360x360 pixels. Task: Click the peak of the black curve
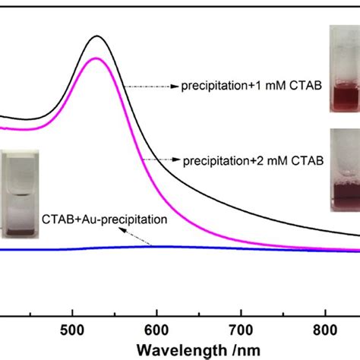96,36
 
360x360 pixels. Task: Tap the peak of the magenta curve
96,58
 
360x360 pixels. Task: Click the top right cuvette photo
344,69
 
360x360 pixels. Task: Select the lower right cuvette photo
344,169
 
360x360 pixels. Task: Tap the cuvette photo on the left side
19,190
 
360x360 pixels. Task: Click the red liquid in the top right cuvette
344,98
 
